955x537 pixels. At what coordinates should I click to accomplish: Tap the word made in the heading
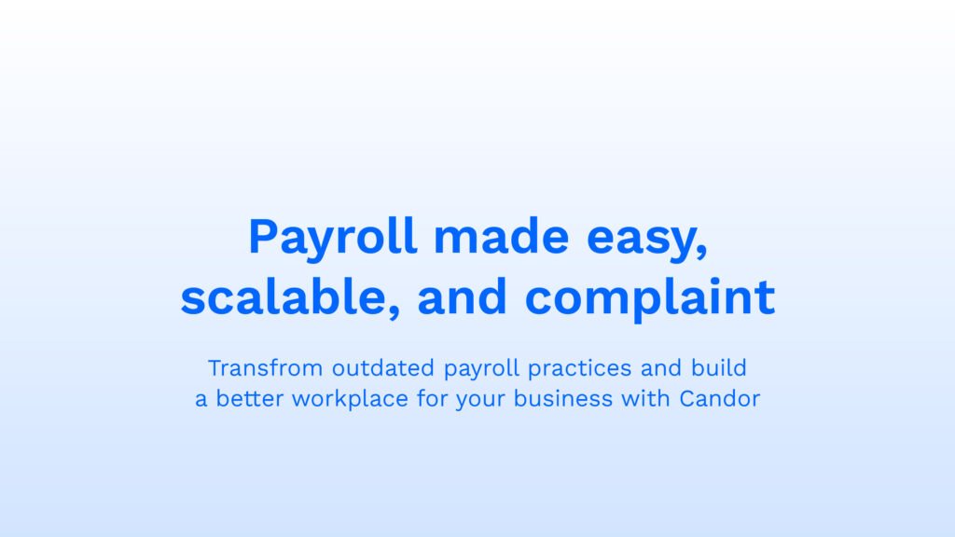pyautogui.click(x=501, y=236)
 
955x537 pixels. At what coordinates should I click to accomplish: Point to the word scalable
pyautogui.click(x=284, y=296)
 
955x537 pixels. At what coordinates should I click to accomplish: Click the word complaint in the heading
pyautogui.click(x=650, y=298)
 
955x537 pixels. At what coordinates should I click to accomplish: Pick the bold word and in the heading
pyautogui.click(x=463, y=296)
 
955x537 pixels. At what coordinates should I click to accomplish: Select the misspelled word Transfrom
pyautogui.click(x=266, y=367)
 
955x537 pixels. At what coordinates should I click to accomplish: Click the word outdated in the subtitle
pyautogui.click(x=383, y=367)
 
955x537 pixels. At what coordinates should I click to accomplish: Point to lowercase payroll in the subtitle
pyautogui.click(x=482, y=370)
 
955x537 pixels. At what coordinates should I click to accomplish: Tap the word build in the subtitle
pyautogui.click(x=719, y=367)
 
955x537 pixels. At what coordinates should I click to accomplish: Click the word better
pyautogui.click(x=251, y=399)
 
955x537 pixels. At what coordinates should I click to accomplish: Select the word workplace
pyautogui.click(x=351, y=401)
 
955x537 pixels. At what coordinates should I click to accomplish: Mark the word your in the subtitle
pyautogui.click(x=481, y=402)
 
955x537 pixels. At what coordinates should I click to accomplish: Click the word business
pyautogui.click(x=563, y=399)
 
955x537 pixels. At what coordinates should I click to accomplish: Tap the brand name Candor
pyautogui.click(x=720, y=399)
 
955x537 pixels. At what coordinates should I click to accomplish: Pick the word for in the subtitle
pyautogui.click(x=433, y=399)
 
